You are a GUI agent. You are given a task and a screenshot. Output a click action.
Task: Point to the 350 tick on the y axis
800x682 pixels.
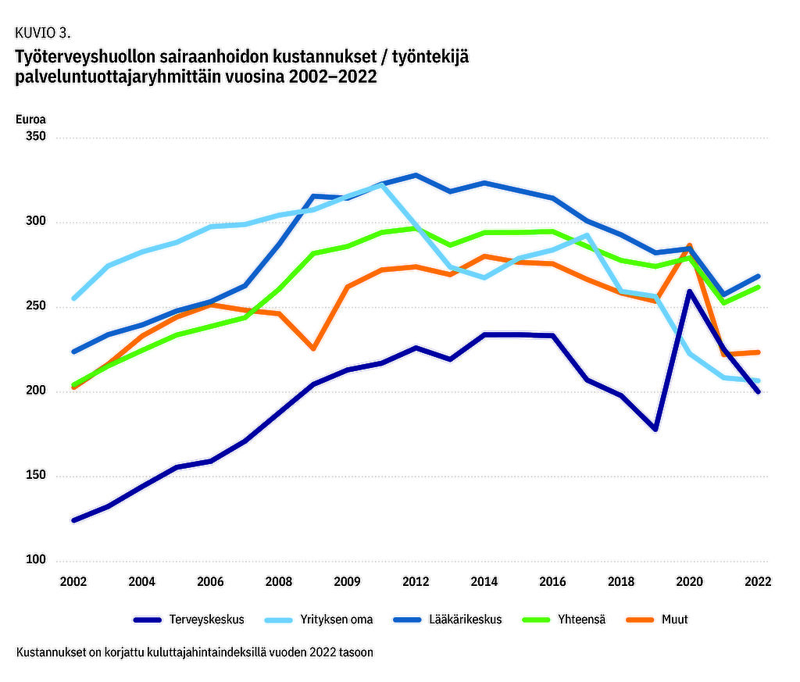[x=36, y=137]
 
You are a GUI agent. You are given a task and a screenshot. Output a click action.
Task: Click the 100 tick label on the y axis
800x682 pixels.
[x=36, y=561]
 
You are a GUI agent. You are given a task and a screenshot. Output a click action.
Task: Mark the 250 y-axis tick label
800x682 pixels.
[x=36, y=307]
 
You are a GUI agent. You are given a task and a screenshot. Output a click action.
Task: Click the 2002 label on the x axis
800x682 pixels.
[x=74, y=582]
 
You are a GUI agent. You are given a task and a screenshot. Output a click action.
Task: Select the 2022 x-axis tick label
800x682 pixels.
[x=758, y=582]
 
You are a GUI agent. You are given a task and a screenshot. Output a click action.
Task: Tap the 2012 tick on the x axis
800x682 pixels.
[x=416, y=582]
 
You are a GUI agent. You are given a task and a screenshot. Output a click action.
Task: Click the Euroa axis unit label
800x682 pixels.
[x=30, y=120]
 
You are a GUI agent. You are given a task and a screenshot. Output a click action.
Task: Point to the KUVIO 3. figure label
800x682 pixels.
[x=43, y=33]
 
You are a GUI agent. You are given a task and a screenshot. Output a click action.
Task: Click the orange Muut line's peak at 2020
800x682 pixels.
[x=689, y=246]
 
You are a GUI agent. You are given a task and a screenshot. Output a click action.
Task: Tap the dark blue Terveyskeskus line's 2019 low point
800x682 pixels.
[x=655, y=429]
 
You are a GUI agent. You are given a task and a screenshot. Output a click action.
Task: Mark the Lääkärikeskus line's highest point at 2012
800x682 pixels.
[x=416, y=175]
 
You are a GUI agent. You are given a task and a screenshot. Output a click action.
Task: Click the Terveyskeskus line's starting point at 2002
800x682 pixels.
[x=74, y=520]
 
